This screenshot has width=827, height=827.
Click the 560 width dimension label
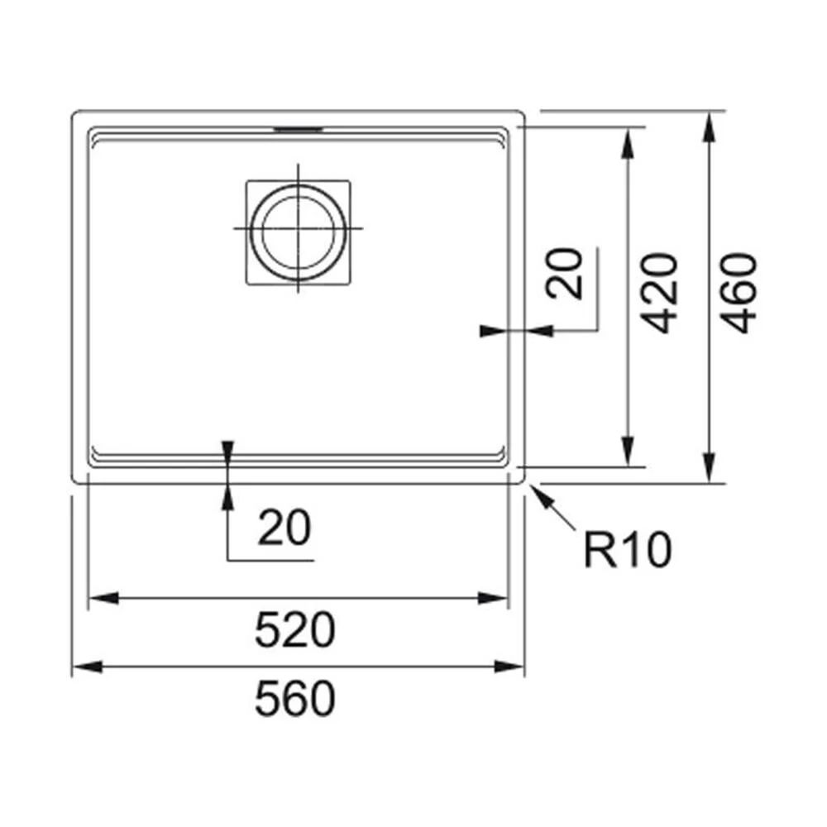pyautogui.click(x=295, y=700)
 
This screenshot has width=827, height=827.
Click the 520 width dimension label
pyautogui.click(x=295, y=632)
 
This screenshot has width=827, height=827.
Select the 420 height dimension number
pyautogui.click(x=661, y=293)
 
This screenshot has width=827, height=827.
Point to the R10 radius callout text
pyautogui.click(x=627, y=551)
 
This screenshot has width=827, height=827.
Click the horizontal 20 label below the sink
pyautogui.click(x=284, y=528)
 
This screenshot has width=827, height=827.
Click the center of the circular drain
pyautogui.click(x=298, y=228)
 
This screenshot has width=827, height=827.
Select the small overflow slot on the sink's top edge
pyautogui.click(x=298, y=129)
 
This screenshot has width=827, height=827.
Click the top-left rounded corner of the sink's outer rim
pyautogui.click(x=77, y=115)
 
